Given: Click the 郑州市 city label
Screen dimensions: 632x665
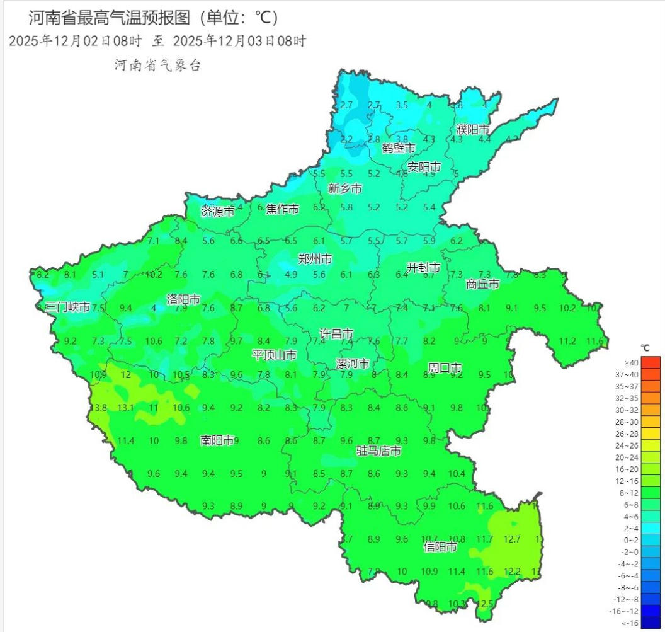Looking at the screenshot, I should pyautogui.click(x=315, y=259).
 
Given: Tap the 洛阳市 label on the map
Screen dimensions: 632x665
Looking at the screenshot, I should pyautogui.click(x=183, y=299).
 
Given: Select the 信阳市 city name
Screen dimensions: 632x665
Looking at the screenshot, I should pyautogui.click(x=440, y=547).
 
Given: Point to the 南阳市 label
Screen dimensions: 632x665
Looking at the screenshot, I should pyautogui.click(x=217, y=440).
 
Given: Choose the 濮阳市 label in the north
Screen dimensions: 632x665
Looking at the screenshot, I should pyautogui.click(x=472, y=129).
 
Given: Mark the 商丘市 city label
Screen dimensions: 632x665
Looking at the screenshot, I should pyautogui.click(x=482, y=284).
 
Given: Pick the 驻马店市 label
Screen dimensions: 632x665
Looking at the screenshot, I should pyautogui.click(x=378, y=451).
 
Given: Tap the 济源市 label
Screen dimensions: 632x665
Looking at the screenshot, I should pyautogui.click(x=217, y=211).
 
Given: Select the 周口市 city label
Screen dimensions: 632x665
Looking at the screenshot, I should pyautogui.click(x=445, y=367).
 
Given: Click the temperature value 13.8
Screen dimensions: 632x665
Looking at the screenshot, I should pyautogui.click(x=98, y=408).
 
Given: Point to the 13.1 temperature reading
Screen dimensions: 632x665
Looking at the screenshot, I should pyautogui.click(x=126, y=408).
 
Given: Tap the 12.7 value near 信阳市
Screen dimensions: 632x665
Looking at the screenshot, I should pyautogui.click(x=513, y=539).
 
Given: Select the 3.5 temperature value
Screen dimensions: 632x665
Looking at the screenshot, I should pyautogui.click(x=402, y=105).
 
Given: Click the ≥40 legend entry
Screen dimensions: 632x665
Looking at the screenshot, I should pyautogui.click(x=631, y=362).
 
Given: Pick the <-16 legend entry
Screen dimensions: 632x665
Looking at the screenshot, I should pyautogui.click(x=631, y=623).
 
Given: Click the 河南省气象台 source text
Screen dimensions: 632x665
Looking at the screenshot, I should pyautogui.click(x=157, y=65).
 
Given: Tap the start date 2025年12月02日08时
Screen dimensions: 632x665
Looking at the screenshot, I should pyautogui.click(x=76, y=41).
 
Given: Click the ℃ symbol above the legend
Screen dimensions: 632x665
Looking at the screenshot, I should pyautogui.click(x=644, y=347).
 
